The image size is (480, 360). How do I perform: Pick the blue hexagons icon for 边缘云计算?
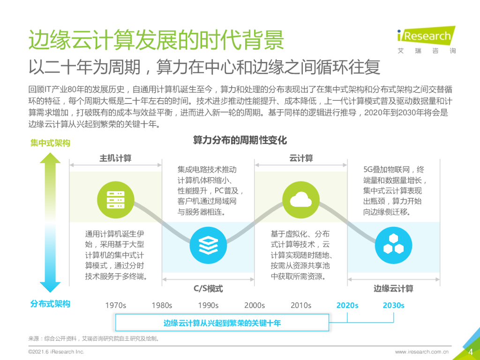393,244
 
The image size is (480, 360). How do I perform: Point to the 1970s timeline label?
115,305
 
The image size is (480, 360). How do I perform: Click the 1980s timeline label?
162,305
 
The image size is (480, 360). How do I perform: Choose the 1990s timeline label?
208,305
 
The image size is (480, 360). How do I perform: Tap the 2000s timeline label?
255,305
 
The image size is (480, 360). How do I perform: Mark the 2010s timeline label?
301,305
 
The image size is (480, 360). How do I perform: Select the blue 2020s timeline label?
347,305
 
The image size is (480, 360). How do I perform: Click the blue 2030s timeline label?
393,305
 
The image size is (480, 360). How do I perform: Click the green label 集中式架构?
50,142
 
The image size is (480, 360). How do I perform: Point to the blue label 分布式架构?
50,304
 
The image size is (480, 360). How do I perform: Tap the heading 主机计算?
115,158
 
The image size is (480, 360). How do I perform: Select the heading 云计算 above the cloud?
301,158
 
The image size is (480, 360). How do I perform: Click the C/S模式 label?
208,288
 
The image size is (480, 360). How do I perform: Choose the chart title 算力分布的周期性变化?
240,140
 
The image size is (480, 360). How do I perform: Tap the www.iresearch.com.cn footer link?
422,352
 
